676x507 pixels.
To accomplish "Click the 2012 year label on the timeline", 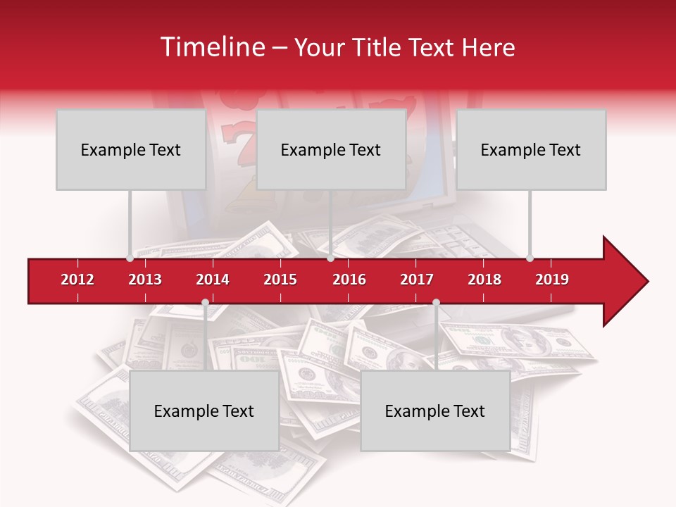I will coord(77,280).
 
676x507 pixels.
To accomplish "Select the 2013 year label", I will coord(145,280).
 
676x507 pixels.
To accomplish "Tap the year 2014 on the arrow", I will coord(213,280).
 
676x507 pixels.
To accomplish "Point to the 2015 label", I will coord(280,280).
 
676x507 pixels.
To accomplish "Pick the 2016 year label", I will coord(349,280).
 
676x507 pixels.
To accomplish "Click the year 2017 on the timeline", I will coord(417,280).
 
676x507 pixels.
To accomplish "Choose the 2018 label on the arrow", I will coord(484,280).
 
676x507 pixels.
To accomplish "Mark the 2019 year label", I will coord(552,280).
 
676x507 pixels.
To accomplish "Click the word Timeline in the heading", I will coord(211,47).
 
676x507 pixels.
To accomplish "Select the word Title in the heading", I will coord(375,47).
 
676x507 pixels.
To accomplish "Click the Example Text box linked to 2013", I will coord(130,149).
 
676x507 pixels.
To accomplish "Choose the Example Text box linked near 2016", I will coord(330,149).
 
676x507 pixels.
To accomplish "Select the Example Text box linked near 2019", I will coord(530,149).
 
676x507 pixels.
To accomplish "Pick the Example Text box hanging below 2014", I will coord(204,411).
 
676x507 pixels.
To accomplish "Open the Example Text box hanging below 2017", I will coord(434,411).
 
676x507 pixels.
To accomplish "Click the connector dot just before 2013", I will coord(130,258).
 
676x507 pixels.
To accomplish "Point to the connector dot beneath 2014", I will coord(205,303).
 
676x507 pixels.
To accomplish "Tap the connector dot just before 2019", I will coord(530,258).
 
